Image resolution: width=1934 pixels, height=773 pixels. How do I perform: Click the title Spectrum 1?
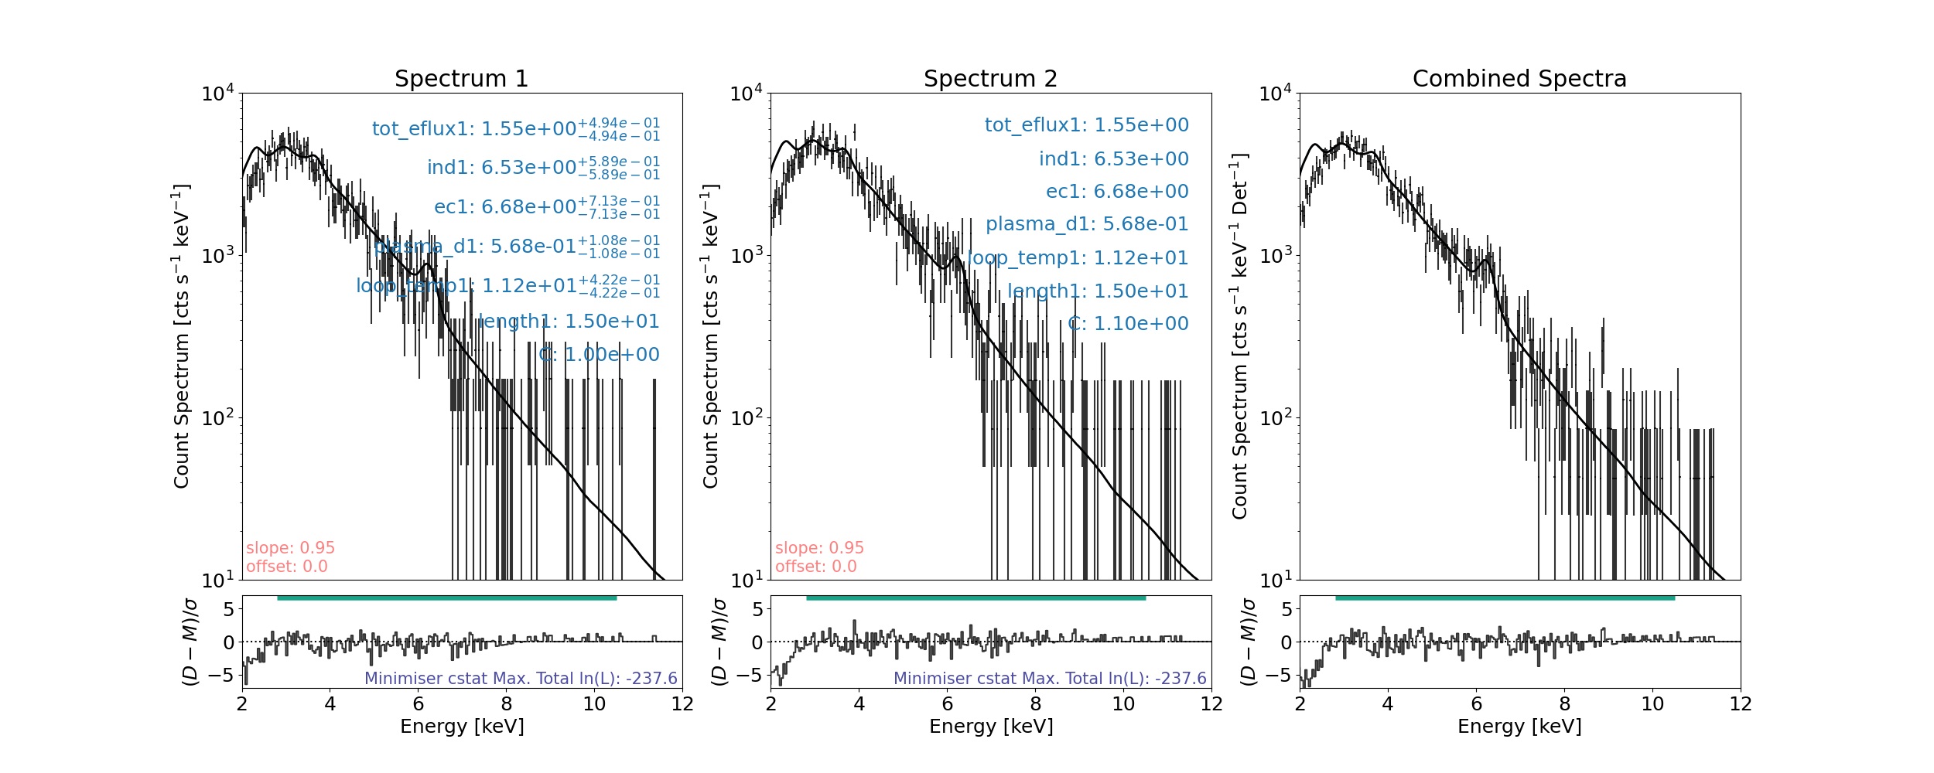[x=461, y=79]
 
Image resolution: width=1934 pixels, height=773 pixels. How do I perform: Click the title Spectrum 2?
[x=990, y=79]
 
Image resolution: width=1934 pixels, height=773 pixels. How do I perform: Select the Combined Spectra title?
[x=1519, y=79]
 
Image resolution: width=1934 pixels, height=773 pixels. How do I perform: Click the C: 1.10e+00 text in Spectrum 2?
[x=1128, y=324]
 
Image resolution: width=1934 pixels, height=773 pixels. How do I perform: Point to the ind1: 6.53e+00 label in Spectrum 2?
[x=1113, y=159]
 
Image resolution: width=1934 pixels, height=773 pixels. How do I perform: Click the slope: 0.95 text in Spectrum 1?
[x=290, y=548]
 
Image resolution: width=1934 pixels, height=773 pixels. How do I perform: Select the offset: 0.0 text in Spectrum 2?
[x=815, y=567]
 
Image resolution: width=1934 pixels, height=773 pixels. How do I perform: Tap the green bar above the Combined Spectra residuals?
[x=1505, y=598]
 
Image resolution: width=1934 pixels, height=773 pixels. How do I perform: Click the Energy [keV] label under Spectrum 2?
[x=990, y=727]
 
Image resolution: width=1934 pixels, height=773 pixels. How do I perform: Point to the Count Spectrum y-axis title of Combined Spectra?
[x=1240, y=336]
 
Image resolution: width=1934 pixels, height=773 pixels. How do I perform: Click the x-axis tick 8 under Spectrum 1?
[x=506, y=704]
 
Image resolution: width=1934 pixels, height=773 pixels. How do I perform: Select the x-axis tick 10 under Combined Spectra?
[x=1652, y=704]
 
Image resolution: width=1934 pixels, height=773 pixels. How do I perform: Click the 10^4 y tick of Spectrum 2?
[x=746, y=94]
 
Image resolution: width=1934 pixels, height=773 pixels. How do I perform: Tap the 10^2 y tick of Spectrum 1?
[x=217, y=419]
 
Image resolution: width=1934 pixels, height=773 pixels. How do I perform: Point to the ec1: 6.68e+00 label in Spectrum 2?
[x=1117, y=192]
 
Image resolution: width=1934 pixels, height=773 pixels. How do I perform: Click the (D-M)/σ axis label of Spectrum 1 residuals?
[x=190, y=642]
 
